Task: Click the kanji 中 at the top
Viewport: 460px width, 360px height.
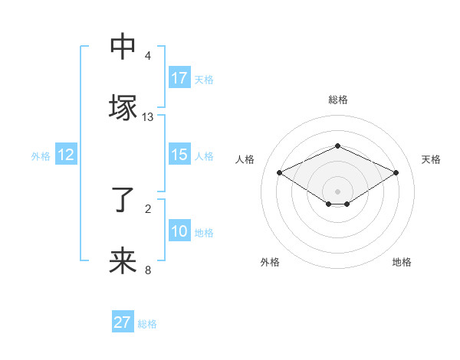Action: (x=123, y=47)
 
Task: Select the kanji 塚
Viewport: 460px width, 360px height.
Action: (x=123, y=106)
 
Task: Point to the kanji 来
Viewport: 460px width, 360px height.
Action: (x=123, y=260)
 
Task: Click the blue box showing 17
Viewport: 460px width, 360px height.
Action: (x=179, y=78)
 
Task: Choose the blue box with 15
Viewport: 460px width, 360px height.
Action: (x=179, y=155)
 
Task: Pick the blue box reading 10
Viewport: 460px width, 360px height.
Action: (x=179, y=231)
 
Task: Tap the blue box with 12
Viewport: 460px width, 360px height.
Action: (x=66, y=155)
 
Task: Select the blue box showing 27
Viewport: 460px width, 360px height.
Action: (x=123, y=322)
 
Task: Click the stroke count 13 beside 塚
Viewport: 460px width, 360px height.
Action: (x=148, y=117)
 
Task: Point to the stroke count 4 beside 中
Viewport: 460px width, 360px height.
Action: (x=148, y=56)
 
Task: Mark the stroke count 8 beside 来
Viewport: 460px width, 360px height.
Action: (x=148, y=270)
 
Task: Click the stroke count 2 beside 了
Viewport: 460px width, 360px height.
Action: (x=148, y=208)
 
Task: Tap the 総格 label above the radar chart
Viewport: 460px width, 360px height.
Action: (x=338, y=100)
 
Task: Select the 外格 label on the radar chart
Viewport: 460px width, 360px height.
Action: (x=270, y=262)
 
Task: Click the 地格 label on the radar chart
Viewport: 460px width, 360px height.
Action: (x=402, y=262)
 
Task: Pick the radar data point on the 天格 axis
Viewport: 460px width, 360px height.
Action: (x=396, y=172)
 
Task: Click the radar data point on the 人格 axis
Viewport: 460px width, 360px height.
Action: (x=279, y=172)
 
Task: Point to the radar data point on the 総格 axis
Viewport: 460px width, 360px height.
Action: (x=337, y=146)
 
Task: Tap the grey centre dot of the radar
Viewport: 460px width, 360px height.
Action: (x=337, y=190)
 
